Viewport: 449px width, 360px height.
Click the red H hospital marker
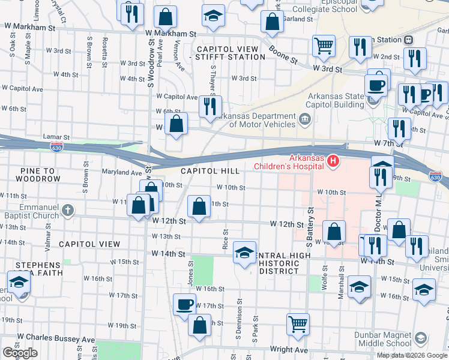click(331, 161)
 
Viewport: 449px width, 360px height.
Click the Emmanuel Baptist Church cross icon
click(68, 210)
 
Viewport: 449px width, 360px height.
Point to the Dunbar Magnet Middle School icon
click(420, 339)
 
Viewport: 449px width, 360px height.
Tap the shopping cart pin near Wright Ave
click(298, 324)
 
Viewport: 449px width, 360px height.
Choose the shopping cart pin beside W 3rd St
click(324, 46)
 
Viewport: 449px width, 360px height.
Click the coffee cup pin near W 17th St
click(184, 304)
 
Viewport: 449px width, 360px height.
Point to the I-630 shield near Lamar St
click(56, 146)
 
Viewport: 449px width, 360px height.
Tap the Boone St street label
click(283, 55)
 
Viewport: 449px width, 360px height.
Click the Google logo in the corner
click(20, 353)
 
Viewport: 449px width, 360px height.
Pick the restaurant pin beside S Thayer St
click(210, 107)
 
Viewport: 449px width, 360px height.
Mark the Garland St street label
click(301, 19)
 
